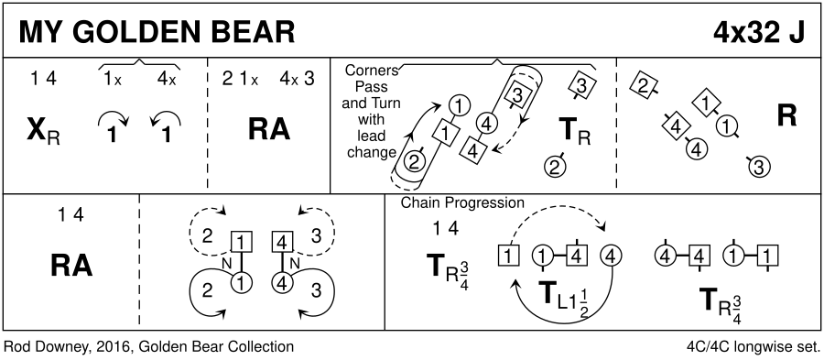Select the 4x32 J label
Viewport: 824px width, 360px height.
(x=759, y=32)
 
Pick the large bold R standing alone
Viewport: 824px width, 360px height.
(x=786, y=116)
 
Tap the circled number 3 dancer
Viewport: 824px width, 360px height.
(x=758, y=167)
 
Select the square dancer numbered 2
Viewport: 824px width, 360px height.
(x=642, y=86)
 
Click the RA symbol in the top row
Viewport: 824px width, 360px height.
(x=269, y=129)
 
